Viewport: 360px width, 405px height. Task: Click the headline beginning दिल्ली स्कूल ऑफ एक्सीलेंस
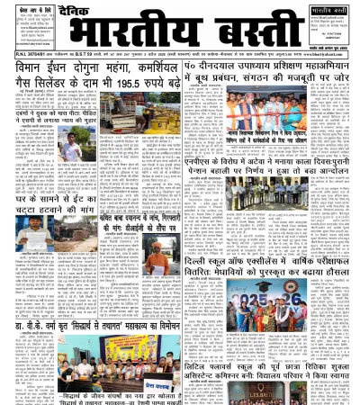(262, 263)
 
